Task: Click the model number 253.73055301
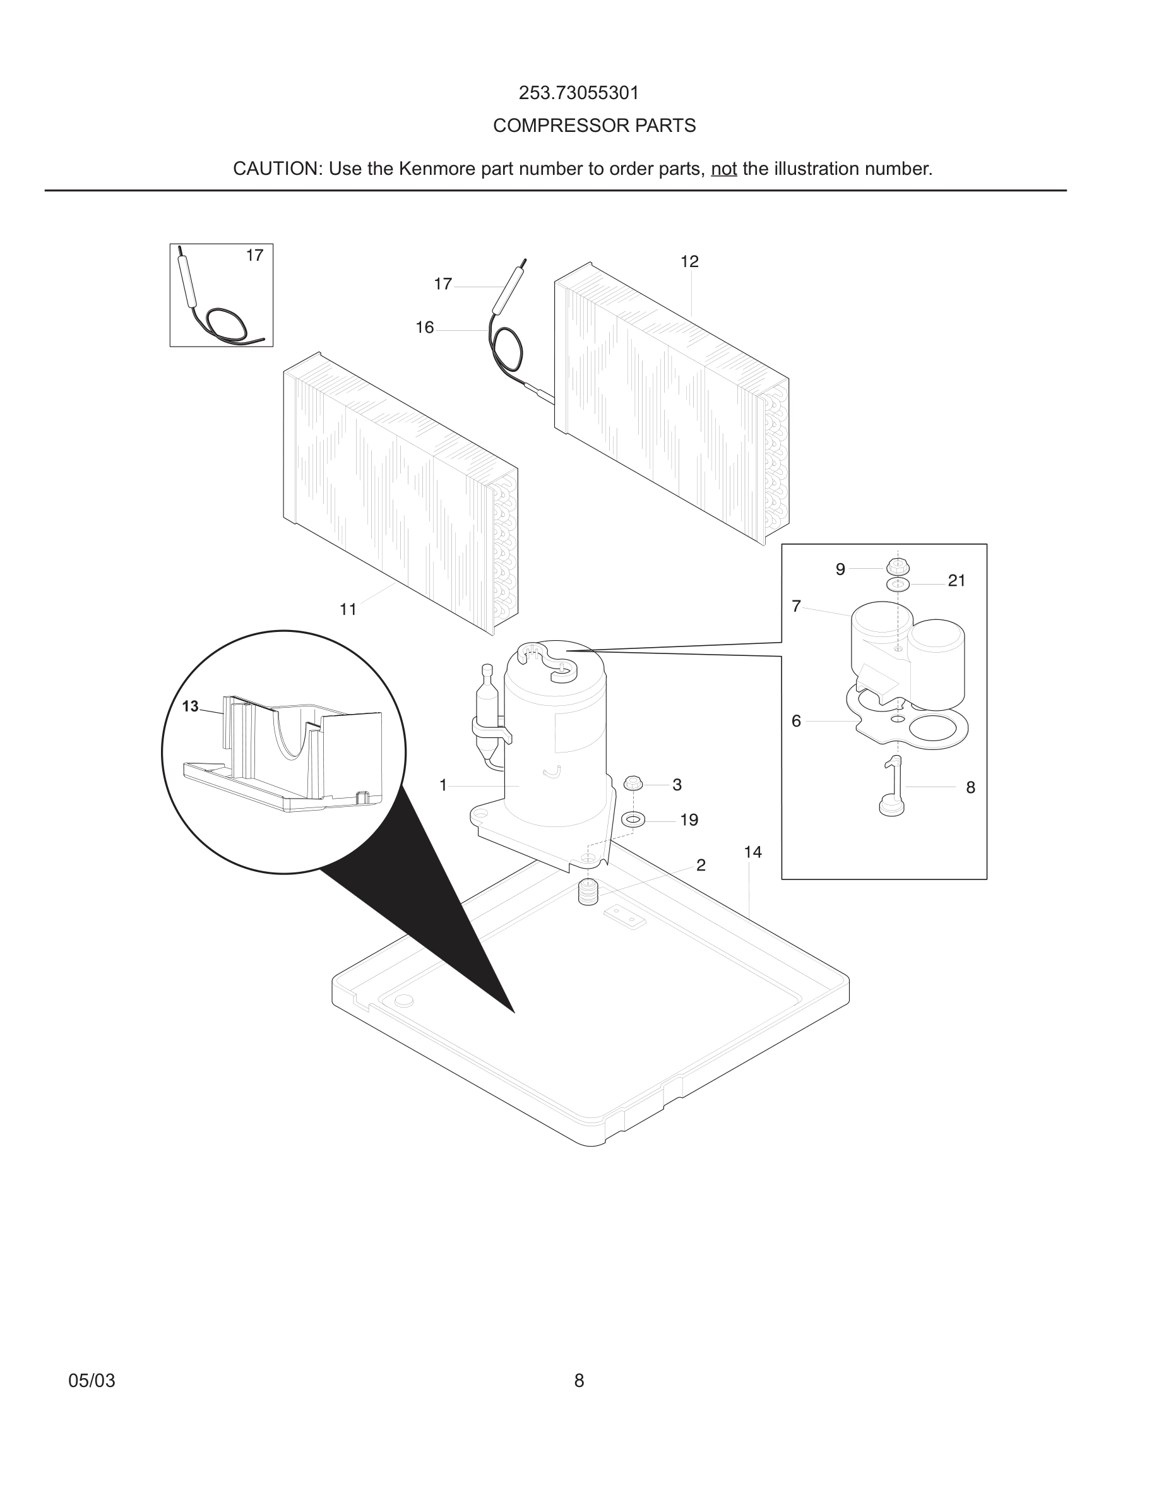(x=579, y=93)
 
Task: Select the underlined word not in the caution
(x=723, y=169)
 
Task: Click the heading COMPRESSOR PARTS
(x=594, y=126)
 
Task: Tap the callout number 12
(x=689, y=261)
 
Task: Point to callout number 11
(x=348, y=609)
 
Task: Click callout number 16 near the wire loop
(x=425, y=328)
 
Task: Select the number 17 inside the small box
(x=255, y=256)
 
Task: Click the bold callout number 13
(x=190, y=706)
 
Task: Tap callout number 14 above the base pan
(x=752, y=852)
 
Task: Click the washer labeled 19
(x=633, y=819)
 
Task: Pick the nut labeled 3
(x=633, y=783)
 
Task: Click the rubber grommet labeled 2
(x=588, y=893)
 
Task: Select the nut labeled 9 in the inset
(x=898, y=568)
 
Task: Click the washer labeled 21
(x=898, y=585)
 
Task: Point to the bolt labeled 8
(x=892, y=787)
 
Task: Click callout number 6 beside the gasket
(x=796, y=721)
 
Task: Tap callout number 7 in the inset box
(x=796, y=607)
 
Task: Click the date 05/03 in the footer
(x=92, y=1381)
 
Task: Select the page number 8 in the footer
(x=579, y=1381)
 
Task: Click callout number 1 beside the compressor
(x=443, y=785)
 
